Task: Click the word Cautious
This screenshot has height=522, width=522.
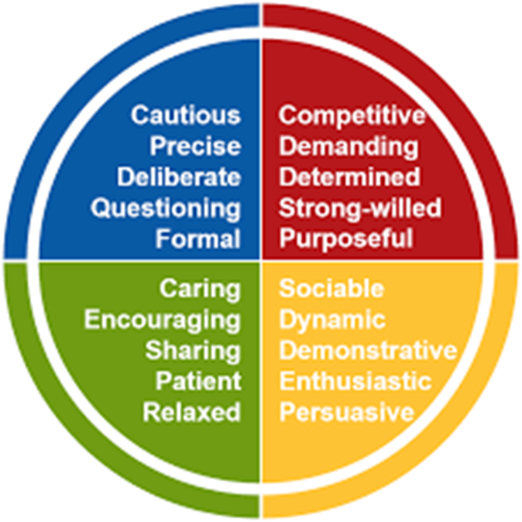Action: point(185,115)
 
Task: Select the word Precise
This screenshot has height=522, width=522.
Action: point(195,146)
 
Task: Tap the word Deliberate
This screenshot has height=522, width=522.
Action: point(179,177)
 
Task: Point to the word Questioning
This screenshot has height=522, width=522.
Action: point(165,208)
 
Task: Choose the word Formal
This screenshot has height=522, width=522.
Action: point(197,239)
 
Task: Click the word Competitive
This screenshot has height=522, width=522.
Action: point(352,115)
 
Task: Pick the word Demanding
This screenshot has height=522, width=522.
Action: point(349,146)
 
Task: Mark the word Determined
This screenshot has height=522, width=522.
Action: point(350,177)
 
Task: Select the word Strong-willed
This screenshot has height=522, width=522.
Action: point(360,208)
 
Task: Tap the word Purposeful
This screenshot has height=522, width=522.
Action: point(346,239)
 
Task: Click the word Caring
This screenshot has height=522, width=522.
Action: point(200,289)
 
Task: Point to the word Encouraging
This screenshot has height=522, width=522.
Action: point(162,320)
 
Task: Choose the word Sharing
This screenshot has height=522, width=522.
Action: point(193,350)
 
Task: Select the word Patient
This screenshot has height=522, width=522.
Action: point(197,381)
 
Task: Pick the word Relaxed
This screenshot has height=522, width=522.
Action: point(191,412)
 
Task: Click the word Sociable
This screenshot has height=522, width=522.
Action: point(331,289)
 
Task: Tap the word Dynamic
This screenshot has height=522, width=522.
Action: point(331,320)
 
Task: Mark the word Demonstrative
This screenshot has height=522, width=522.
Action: point(368,350)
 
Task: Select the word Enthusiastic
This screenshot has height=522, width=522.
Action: point(355,381)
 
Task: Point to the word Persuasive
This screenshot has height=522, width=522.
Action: point(346,412)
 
